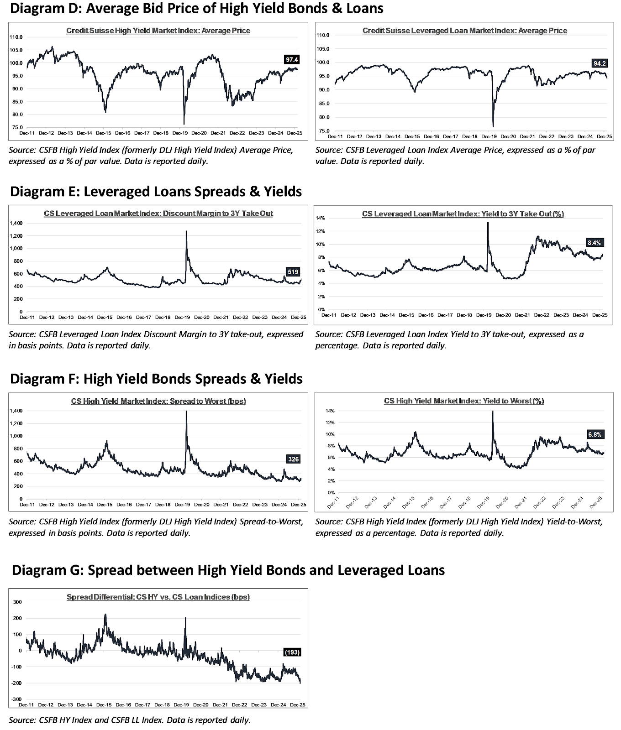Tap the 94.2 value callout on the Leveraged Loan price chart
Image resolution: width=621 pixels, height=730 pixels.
coord(599,63)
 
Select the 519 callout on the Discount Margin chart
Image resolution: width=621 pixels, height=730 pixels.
coord(293,272)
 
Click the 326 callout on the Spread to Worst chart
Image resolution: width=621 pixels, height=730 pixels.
coord(293,459)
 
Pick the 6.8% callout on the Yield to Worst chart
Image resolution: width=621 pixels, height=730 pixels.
coord(595,434)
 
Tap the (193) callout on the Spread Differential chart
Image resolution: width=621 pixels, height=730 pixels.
coord(292,652)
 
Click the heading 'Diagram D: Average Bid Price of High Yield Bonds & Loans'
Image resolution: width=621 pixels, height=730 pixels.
coord(196,8)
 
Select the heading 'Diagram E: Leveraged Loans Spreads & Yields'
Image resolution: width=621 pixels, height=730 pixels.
coord(156,191)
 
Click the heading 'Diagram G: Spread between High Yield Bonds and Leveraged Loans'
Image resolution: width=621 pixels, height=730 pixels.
coord(228,570)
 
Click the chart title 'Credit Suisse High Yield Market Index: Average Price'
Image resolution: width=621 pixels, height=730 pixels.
coord(158,31)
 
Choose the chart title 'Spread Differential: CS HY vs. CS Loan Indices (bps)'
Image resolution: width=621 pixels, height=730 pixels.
coord(158,597)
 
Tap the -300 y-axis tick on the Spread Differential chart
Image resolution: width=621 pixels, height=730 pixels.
coord(16,699)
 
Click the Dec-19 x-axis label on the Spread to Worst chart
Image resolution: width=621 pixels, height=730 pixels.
coord(182,505)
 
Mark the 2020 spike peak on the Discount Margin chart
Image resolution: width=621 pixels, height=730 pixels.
coord(186,231)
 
